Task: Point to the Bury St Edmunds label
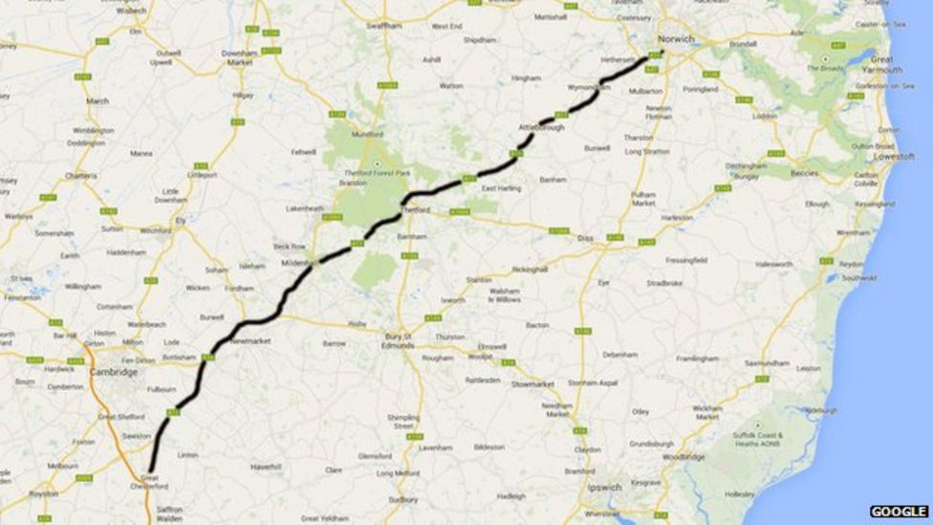coord(398,340)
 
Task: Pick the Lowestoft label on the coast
coord(895,156)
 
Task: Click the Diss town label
coord(586,238)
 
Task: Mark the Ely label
coord(179,219)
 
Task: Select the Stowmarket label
coord(532,384)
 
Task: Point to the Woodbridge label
coord(683,457)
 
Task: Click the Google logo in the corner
coord(899,512)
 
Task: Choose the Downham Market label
coord(238,57)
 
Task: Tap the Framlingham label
coord(697,359)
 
